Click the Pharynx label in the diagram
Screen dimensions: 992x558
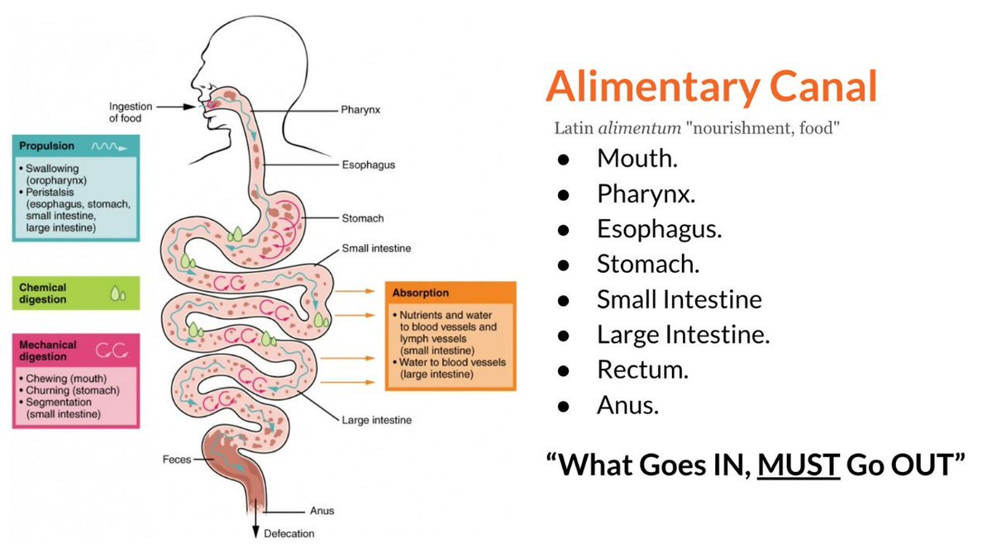click(x=360, y=109)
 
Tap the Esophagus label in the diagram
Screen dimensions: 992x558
click(x=368, y=165)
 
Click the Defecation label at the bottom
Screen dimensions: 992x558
click(x=289, y=533)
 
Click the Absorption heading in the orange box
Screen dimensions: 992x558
click(x=422, y=293)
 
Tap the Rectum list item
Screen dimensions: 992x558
click(x=642, y=370)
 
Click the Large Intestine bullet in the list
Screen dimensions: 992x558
click(x=683, y=334)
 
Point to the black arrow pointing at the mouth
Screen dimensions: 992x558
click(x=177, y=107)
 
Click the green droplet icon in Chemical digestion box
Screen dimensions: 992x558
click(x=118, y=294)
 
